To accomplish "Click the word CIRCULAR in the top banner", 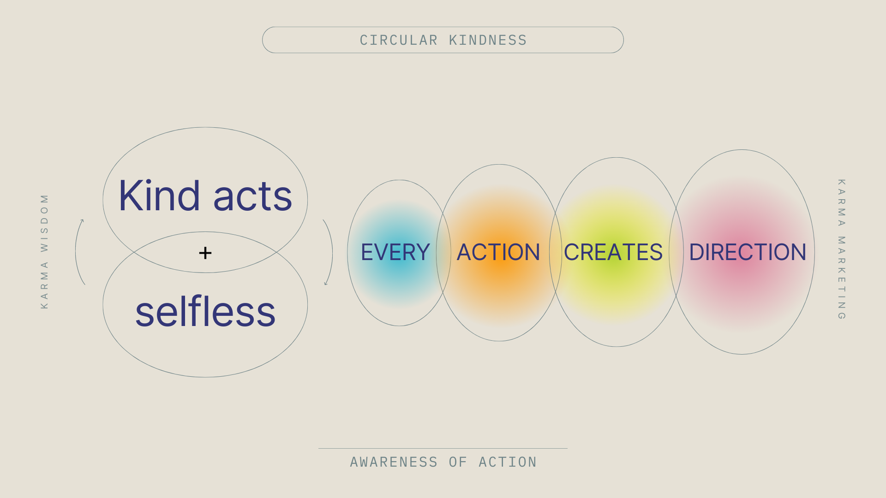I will (399, 41).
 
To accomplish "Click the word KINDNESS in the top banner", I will (488, 41).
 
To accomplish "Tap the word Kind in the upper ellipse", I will (159, 196).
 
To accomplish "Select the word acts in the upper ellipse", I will (252, 197).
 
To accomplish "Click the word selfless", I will (205, 312).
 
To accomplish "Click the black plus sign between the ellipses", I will (205, 253).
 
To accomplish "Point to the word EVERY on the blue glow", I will (395, 252).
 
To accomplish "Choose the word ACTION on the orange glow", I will (498, 252).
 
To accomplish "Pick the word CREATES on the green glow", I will (613, 252).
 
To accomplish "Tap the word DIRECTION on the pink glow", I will (748, 252).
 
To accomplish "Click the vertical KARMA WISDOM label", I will (44, 251).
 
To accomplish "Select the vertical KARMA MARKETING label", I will (841, 249).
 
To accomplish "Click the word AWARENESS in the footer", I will (394, 462).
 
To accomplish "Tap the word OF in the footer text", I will (458, 462).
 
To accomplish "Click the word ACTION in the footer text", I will (508, 462).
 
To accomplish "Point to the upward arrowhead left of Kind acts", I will (82, 221).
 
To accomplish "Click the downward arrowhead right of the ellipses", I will (326, 283).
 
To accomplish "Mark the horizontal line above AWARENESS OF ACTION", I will (443, 448).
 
